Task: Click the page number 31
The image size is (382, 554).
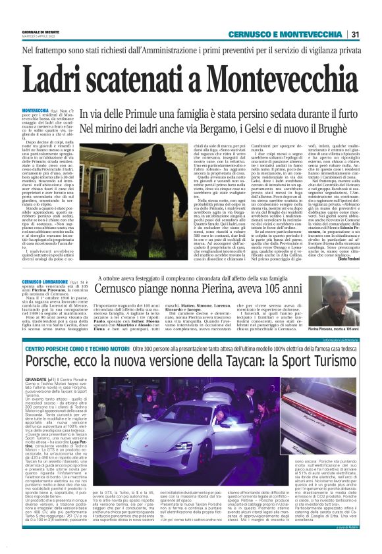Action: coord(356,34)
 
